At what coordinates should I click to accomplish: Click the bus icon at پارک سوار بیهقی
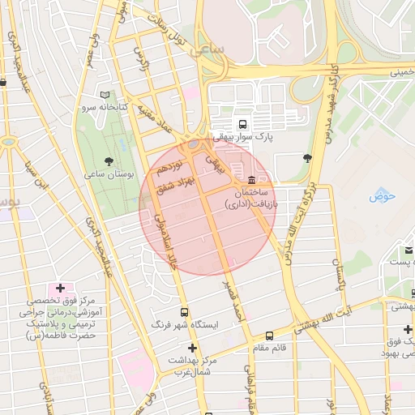[x=242, y=124]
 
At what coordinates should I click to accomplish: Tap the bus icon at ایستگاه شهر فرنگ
[x=185, y=311]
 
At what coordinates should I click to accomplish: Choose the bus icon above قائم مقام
[x=269, y=336]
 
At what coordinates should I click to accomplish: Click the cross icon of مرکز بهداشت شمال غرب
[x=192, y=347]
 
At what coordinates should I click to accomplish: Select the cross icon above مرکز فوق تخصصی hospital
[x=60, y=288]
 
